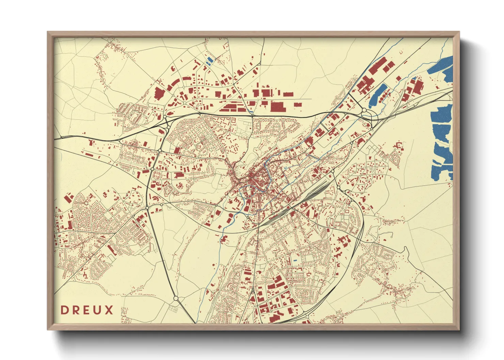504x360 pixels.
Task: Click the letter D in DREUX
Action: point(64,310)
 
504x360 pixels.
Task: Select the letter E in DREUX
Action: point(86,310)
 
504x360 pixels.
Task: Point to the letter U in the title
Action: point(97,310)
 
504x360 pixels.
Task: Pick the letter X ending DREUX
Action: point(109,310)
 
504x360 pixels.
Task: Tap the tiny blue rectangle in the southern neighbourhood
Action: point(295,261)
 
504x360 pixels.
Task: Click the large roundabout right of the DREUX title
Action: point(176,298)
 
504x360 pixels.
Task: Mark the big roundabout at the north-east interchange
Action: point(364,110)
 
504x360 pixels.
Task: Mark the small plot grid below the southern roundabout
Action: point(173,309)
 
